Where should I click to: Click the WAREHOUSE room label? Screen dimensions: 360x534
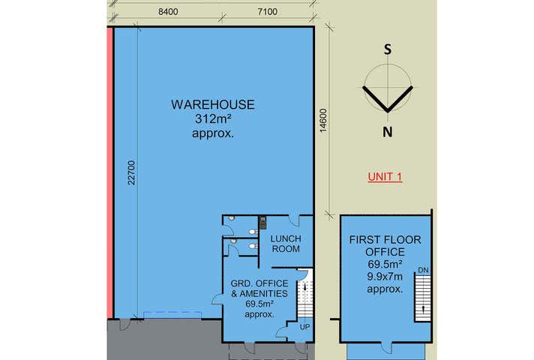[212, 104]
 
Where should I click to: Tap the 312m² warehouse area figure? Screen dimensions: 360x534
[212, 118]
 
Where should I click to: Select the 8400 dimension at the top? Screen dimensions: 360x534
[169, 11]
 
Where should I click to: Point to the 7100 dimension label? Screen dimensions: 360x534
[267, 11]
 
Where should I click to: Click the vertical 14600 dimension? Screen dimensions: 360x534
[322, 121]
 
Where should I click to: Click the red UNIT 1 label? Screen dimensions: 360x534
[385, 177]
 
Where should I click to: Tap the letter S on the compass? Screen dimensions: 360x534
[388, 50]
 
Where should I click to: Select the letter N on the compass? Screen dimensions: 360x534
[388, 133]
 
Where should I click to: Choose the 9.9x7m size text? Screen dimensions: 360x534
[385, 277]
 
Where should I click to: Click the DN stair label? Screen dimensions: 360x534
[423, 269]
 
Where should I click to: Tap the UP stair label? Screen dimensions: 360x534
[304, 328]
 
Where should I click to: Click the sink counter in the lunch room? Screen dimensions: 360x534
[262, 223]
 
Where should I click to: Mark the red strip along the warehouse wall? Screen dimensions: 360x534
[109, 172]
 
